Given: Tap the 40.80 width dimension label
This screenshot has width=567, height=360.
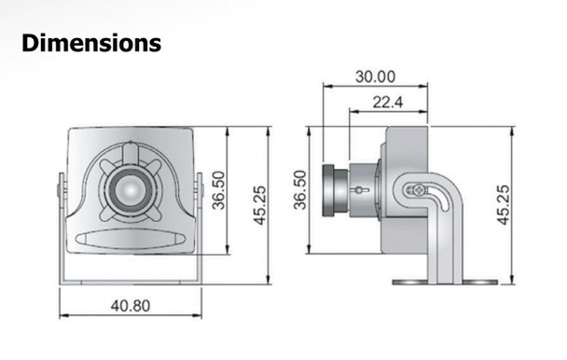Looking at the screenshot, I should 131,304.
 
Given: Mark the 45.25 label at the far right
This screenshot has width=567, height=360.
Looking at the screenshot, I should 503,203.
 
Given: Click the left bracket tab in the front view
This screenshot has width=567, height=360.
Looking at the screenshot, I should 61,191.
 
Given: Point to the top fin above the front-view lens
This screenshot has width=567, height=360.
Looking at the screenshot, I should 131,154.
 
